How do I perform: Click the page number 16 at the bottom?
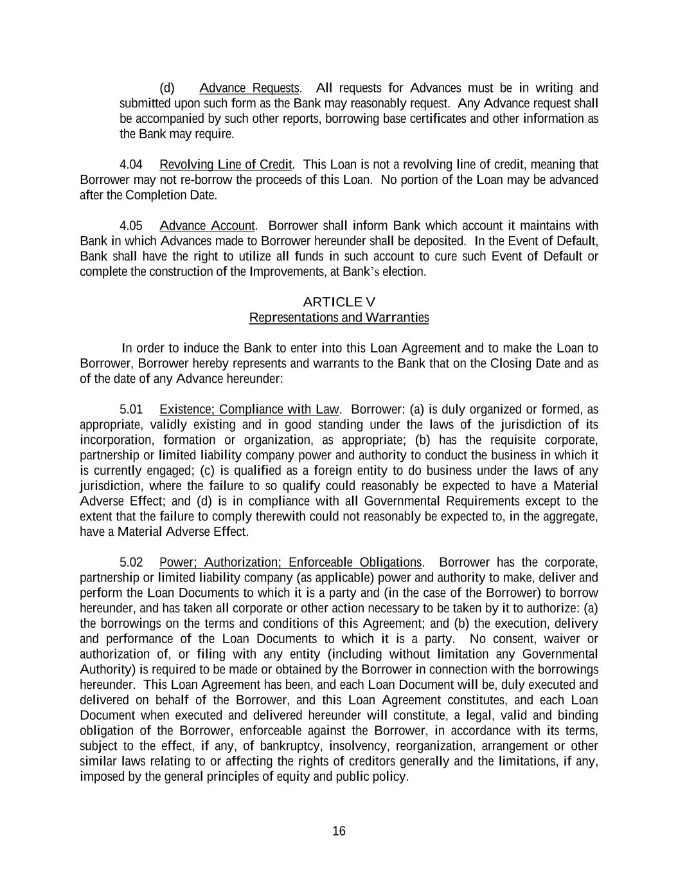tap(339, 831)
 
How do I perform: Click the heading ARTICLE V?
tap(339, 302)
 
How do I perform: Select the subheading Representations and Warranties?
tap(339, 317)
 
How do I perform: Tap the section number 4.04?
tap(131, 165)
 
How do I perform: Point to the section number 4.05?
tap(131, 226)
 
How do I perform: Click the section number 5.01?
tap(131, 409)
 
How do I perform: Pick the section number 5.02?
tap(131, 563)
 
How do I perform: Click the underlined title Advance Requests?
tap(249, 88)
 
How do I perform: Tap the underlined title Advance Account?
tap(207, 226)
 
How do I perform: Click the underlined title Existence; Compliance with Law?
tap(249, 409)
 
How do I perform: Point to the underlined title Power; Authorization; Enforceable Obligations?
tap(290, 563)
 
